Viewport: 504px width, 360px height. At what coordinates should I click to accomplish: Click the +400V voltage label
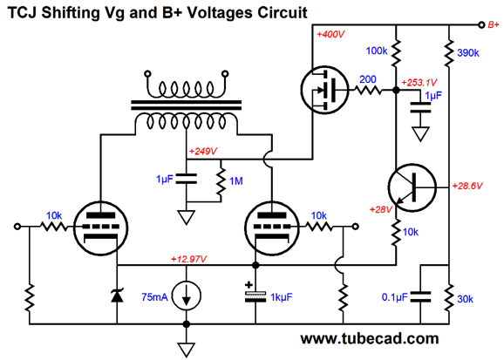(330, 34)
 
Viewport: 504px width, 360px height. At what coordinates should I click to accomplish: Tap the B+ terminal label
(494, 24)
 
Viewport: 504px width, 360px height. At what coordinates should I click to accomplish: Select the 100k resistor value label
(377, 51)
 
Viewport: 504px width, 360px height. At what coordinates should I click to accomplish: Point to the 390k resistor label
(468, 53)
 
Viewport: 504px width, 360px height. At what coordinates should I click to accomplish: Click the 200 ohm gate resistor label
(368, 79)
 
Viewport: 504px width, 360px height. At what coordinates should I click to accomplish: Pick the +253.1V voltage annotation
(419, 83)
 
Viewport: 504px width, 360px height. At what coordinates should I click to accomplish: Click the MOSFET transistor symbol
(324, 90)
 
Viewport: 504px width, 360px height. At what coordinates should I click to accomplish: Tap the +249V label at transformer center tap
(203, 151)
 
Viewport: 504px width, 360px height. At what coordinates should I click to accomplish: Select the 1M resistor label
(236, 181)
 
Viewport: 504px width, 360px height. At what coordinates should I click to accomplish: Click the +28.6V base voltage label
(467, 186)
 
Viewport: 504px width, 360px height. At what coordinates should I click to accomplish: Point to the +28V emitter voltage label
(381, 209)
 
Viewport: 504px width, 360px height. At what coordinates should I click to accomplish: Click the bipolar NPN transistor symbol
(412, 187)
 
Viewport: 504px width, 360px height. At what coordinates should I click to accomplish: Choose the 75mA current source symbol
(187, 296)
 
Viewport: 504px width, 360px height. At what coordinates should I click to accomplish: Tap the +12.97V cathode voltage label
(188, 259)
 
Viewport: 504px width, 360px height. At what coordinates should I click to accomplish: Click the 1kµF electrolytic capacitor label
(282, 297)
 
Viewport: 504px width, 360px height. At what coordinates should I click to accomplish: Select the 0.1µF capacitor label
(395, 297)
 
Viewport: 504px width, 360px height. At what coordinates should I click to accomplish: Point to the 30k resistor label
(465, 299)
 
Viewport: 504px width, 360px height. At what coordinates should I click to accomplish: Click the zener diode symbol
(117, 295)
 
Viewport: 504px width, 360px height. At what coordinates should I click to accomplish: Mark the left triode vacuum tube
(101, 228)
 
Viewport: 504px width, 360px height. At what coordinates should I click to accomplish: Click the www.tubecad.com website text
(370, 338)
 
